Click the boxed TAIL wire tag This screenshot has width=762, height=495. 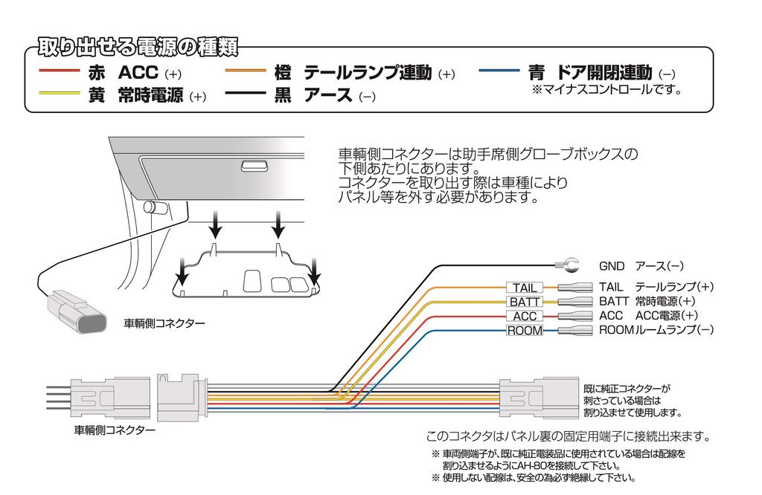[525, 288]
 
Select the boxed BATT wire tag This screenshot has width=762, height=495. [525, 302]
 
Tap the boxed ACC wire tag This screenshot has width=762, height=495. [525, 317]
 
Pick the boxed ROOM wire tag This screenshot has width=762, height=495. [525, 331]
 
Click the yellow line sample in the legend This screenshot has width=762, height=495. [58, 94]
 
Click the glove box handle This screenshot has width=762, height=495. [254, 166]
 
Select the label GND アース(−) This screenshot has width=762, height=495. [641, 265]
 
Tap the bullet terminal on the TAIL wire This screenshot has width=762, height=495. [574, 288]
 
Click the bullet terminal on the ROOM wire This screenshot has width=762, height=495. [574, 331]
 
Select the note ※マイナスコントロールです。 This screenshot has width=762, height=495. [606, 90]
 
